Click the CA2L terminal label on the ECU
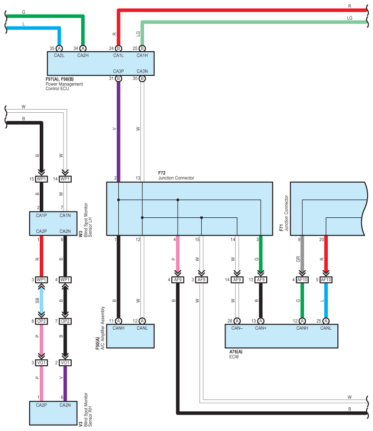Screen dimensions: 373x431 click(59, 56)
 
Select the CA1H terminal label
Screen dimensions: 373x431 click(142, 56)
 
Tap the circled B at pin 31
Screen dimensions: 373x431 click(118, 79)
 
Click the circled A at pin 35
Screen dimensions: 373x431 click(59, 48)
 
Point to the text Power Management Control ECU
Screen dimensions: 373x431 click(64, 86)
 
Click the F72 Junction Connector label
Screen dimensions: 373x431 click(176, 175)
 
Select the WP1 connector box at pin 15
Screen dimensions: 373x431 click(42, 179)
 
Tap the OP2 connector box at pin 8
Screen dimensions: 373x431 click(42, 321)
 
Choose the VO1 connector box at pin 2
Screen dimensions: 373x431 click(65, 363)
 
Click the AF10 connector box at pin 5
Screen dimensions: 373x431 click(326, 280)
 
